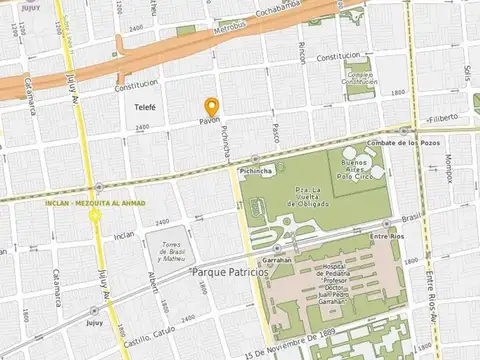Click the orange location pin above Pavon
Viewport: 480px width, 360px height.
[x=211, y=107]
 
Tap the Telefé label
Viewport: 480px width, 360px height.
[x=145, y=106]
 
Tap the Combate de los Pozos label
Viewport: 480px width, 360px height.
[x=433, y=143]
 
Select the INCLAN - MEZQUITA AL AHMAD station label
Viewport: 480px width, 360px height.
[x=96, y=203]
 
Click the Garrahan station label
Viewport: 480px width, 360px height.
[x=280, y=260]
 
